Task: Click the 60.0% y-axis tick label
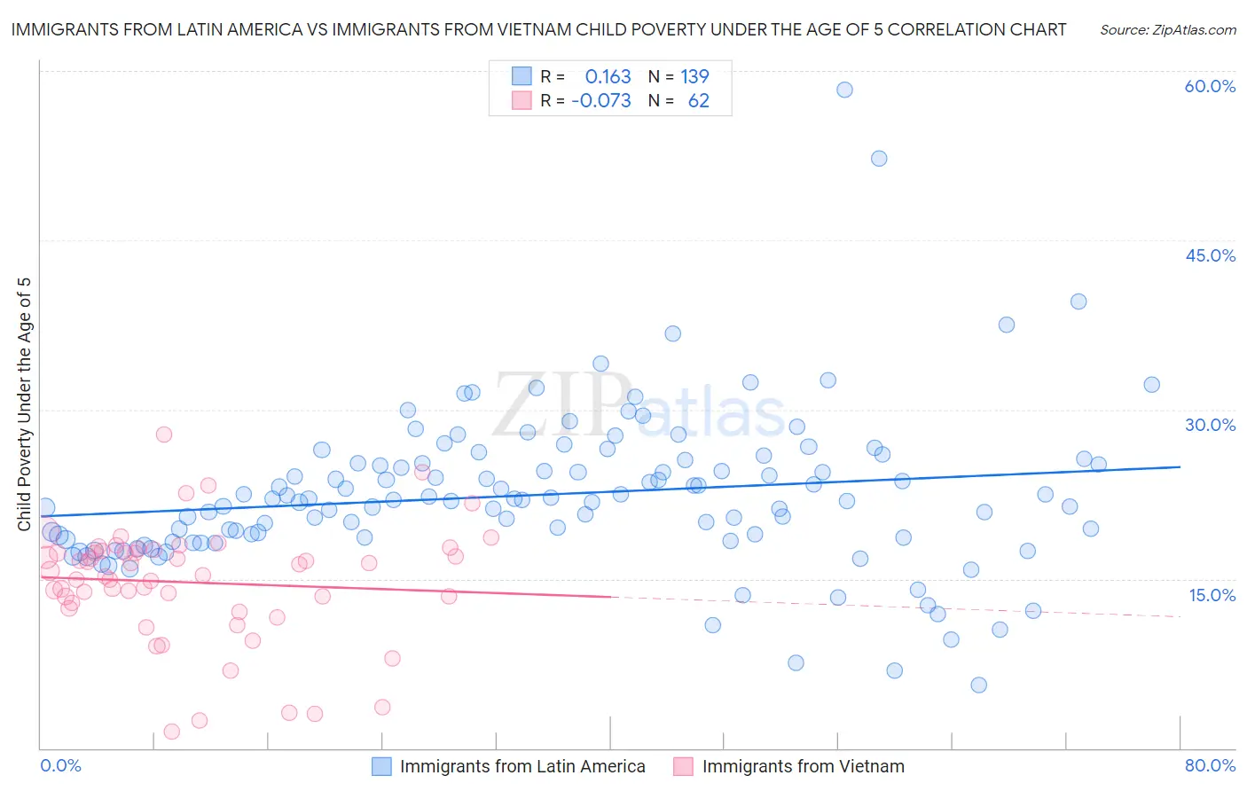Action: click(x=1210, y=86)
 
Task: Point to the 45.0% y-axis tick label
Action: click(x=1210, y=255)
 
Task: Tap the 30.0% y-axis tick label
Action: click(x=1210, y=425)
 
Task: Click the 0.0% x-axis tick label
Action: click(x=60, y=765)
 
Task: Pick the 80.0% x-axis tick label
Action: click(x=1210, y=765)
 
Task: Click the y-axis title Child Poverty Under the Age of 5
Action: click(x=24, y=404)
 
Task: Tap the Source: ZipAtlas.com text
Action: click(x=1167, y=30)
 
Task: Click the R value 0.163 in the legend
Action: click(x=608, y=77)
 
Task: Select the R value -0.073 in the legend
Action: click(x=601, y=101)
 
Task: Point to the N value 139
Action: click(x=694, y=77)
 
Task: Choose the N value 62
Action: click(x=698, y=101)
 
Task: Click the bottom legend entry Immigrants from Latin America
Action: click(x=522, y=766)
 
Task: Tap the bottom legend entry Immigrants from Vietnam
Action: click(x=803, y=766)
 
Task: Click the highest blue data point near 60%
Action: click(x=844, y=90)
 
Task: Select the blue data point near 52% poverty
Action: click(x=879, y=159)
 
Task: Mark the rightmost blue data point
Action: click(x=1151, y=385)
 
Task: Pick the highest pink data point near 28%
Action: click(x=164, y=435)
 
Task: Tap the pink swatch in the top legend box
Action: click(x=522, y=101)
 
